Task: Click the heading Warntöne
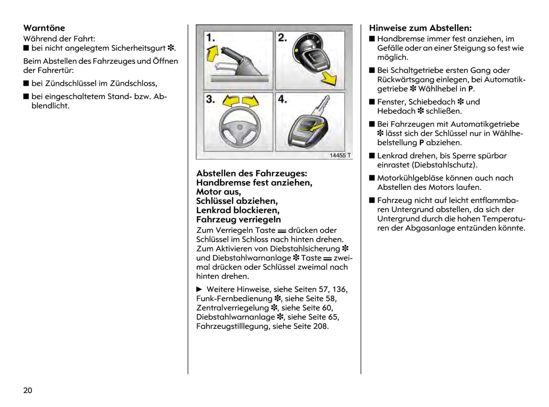pos(44,28)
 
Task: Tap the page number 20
pos(28,390)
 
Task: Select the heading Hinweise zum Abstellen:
pos(420,28)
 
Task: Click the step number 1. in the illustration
pos(210,38)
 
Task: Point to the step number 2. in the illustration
pos(282,38)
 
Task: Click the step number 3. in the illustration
pos(210,99)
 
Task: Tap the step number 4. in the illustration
pos(282,99)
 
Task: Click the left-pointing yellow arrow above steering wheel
pos(230,101)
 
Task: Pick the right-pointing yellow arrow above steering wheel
pos(250,101)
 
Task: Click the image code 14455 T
pos(340,155)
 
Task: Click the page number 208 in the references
pos(320,326)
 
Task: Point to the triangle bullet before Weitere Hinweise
pos(199,289)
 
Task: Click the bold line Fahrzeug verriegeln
pos(239,219)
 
